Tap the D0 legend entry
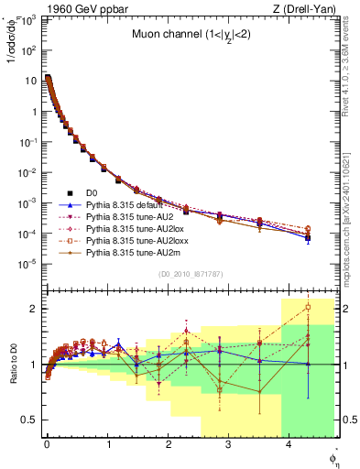[90, 193]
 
